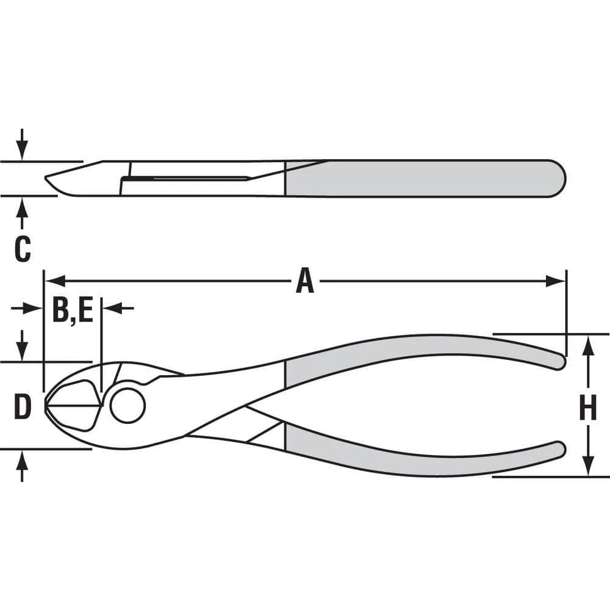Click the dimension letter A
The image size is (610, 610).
pyautogui.click(x=304, y=282)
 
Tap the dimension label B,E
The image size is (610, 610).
pyautogui.click(x=72, y=309)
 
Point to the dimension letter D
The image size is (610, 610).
pyautogui.click(x=22, y=407)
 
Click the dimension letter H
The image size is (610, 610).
pyautogui.click(x=587, y=408)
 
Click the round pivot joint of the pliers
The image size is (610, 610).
pyautogui.click(x=127, y=404)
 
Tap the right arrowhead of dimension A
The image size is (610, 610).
pyautogui.click(x=556, y=281)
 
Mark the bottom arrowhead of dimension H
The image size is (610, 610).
pyautogui.click(x=587, y=466)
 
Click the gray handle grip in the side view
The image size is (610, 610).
pyautogui.click(x=424, y=178)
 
